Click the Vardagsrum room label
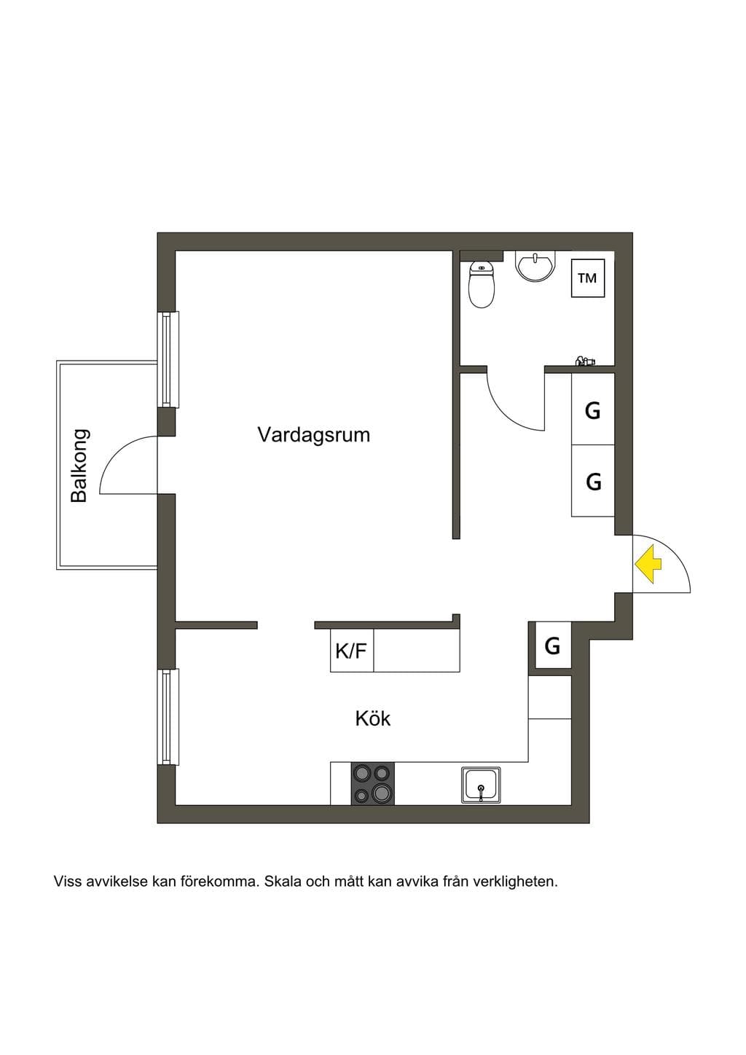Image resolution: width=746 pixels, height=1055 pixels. coord(314,435)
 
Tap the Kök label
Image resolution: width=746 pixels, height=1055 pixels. coord(372,718)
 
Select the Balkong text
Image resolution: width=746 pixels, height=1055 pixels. coord(79,466)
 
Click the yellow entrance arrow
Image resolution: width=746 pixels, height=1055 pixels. coord(648,564)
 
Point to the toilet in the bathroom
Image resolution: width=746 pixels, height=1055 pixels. coord(482,284)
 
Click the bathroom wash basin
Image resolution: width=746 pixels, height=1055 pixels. coord(535,266)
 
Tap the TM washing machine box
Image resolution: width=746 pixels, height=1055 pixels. coord(588,278)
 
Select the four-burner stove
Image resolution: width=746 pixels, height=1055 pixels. coord(372,784)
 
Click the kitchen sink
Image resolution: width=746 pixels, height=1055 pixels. coord(481,785)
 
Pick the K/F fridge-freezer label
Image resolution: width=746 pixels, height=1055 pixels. coord(351,651)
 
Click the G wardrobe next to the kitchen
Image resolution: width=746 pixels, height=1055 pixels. coord(552,646)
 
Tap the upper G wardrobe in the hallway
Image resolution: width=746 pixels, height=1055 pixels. coord(593,409)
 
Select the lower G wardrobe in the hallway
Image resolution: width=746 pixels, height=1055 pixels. coord(593,481)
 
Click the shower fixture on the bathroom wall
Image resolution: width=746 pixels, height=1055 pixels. coord(584,361)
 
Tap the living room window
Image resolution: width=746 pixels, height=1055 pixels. coord(168,359)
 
